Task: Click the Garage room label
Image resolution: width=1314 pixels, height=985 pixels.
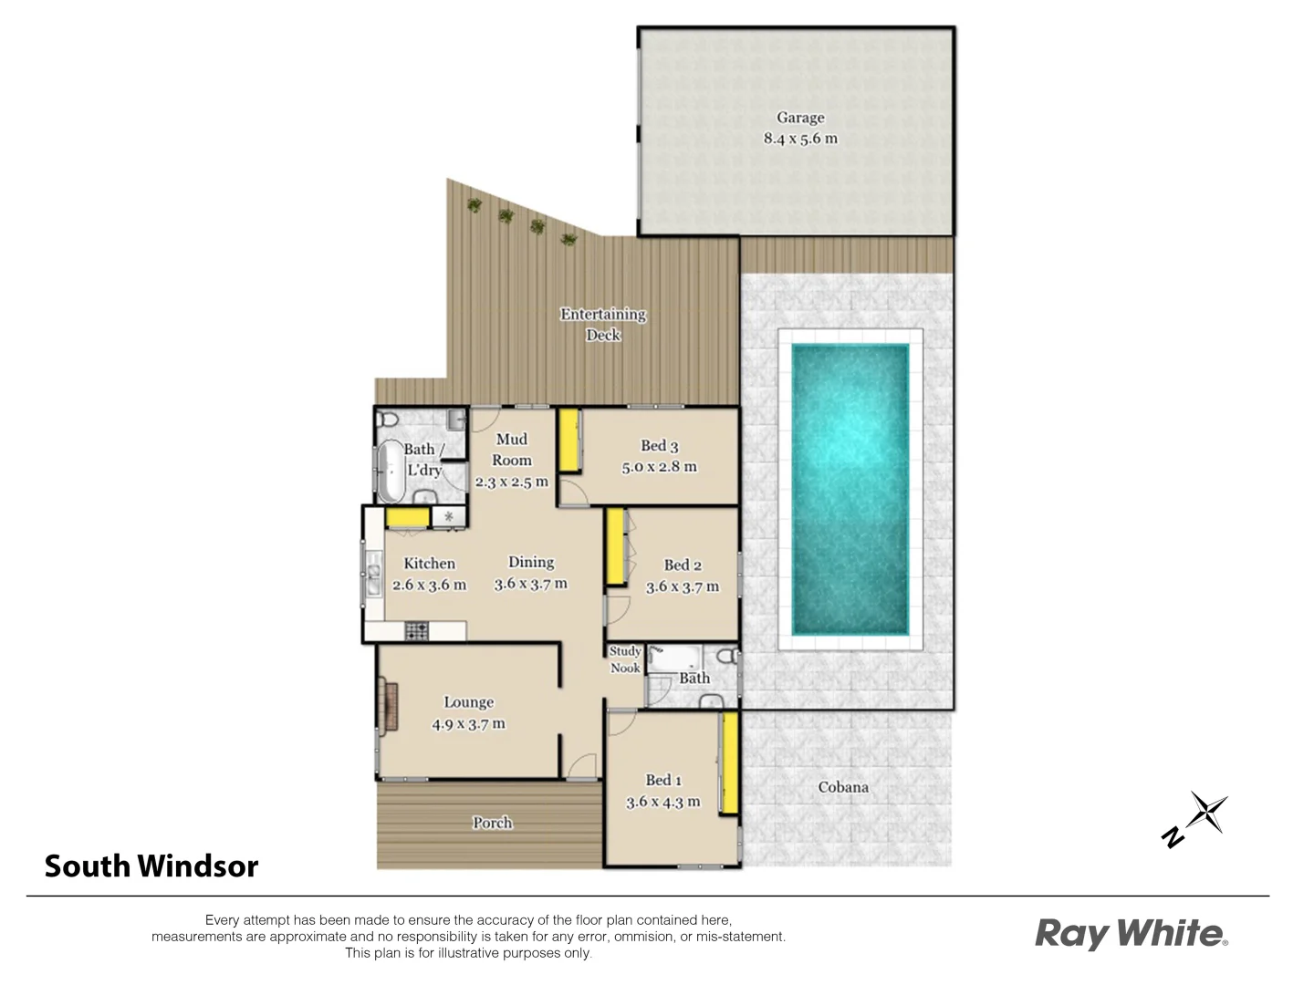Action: (800, 118)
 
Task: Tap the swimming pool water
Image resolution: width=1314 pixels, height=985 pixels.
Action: (850, 489)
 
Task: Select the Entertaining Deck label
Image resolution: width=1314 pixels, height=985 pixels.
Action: (603, 325)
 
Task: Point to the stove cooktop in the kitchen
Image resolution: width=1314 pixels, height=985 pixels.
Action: (417, 630)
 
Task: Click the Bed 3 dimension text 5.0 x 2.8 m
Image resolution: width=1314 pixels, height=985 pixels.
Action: (659, 467)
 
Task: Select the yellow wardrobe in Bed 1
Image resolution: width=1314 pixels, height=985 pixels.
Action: (729, 763)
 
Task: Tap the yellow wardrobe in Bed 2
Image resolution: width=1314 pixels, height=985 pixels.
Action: (615, 546)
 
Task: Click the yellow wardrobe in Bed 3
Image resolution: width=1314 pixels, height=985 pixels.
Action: (569, 441)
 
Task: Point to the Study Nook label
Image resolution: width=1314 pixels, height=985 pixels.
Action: (625, 659)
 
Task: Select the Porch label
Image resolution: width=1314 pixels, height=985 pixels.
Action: (492, 823)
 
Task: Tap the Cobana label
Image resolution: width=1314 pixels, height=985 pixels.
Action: (843, 786)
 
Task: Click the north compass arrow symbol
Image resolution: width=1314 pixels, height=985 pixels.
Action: (1198, 818)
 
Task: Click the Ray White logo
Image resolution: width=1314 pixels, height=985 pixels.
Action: (1131, 934)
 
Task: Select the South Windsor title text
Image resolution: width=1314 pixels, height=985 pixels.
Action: (151, 866)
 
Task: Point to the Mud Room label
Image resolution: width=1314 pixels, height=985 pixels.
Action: (511, 450)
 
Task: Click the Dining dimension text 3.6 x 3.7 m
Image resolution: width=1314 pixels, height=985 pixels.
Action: (530, 584)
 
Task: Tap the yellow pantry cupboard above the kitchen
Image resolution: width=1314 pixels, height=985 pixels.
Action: (407, 518)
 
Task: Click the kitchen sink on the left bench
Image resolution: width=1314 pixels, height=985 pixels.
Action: (374, 575)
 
